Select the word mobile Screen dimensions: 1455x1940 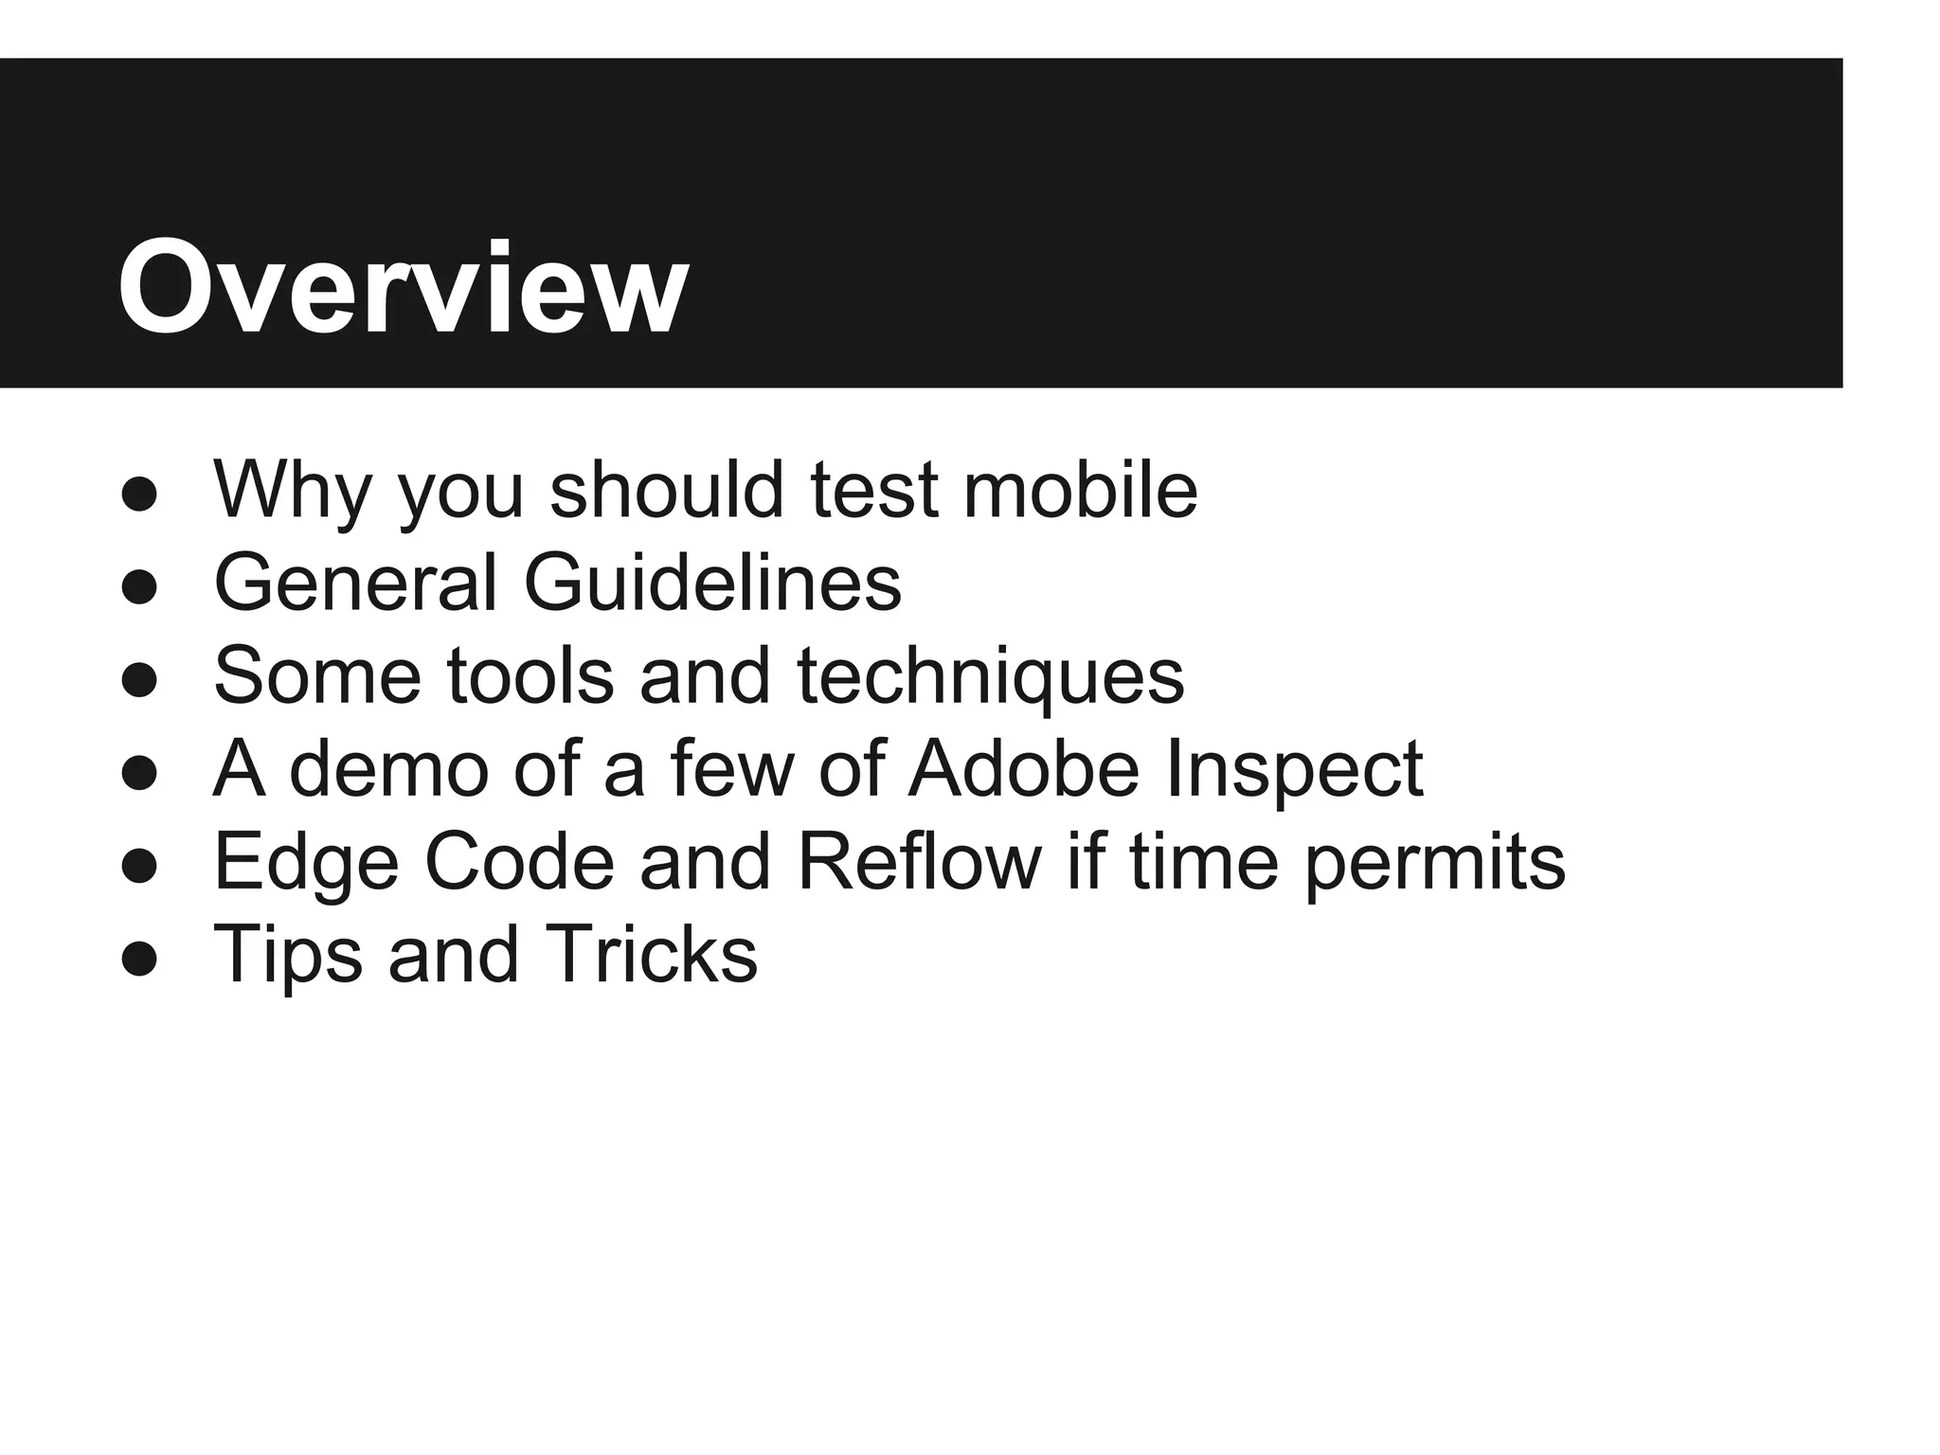1080,490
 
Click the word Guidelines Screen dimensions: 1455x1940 712,583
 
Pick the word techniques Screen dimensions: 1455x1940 990,675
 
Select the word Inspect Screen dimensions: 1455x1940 1294,768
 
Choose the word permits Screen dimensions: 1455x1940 1435,861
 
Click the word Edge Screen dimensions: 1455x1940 306,861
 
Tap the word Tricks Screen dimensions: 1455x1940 651,954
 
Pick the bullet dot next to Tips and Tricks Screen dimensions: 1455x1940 139,960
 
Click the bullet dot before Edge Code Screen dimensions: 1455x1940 139,867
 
